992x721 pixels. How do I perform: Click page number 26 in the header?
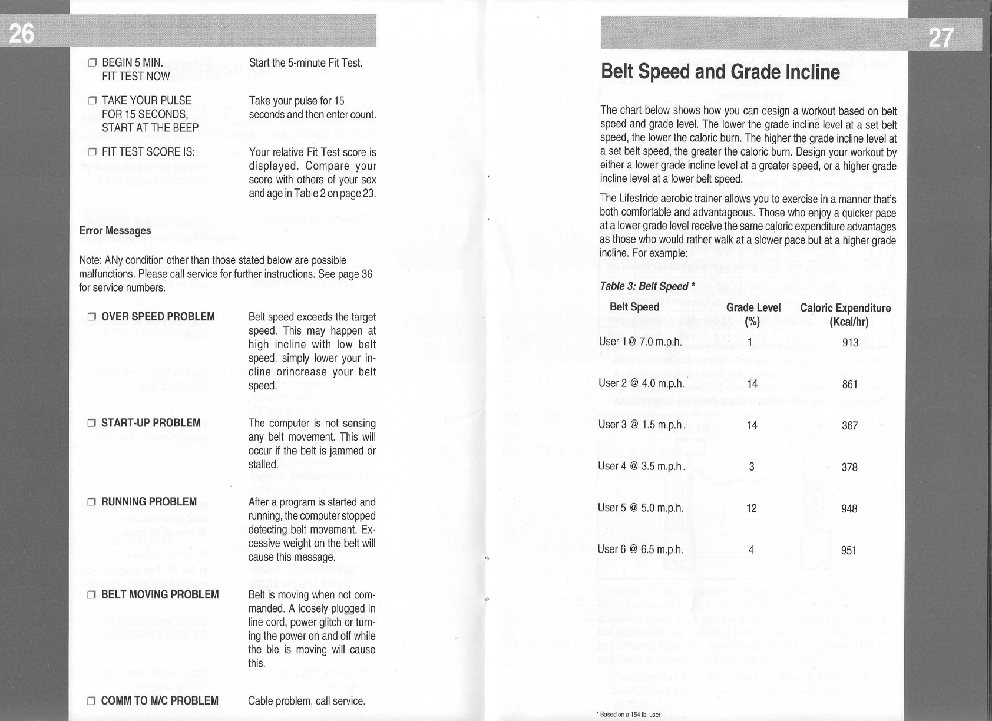[x=21, y=34]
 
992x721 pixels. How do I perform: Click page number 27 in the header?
[x=941, y=38]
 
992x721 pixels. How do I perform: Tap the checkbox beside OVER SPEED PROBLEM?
[x=92, y=317]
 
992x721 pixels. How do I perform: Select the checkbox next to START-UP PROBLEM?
[x=92, y=424]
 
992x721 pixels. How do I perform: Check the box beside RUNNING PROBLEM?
[x=92, y=502]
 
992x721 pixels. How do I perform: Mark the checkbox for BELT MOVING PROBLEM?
[x=92, y=595]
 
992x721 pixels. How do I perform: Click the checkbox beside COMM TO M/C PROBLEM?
[x=92, y=701]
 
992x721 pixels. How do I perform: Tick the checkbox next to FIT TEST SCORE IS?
[x=92, y=152]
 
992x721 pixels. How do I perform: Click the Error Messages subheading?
[x=115, y=230]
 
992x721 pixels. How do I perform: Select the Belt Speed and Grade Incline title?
[x=720, y=71]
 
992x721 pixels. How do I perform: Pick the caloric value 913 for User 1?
[x=850, y=343]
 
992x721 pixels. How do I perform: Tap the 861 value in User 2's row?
[x=849, y=385]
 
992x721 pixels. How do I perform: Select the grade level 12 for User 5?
[x=751, y=508]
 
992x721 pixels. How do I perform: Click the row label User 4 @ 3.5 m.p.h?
[x=642, y=467]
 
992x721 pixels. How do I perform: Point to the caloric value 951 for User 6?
[x=849, y=551]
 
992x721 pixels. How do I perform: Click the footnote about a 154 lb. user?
[x=629, y=715]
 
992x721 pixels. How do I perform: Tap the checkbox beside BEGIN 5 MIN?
[x=92, y=63]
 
